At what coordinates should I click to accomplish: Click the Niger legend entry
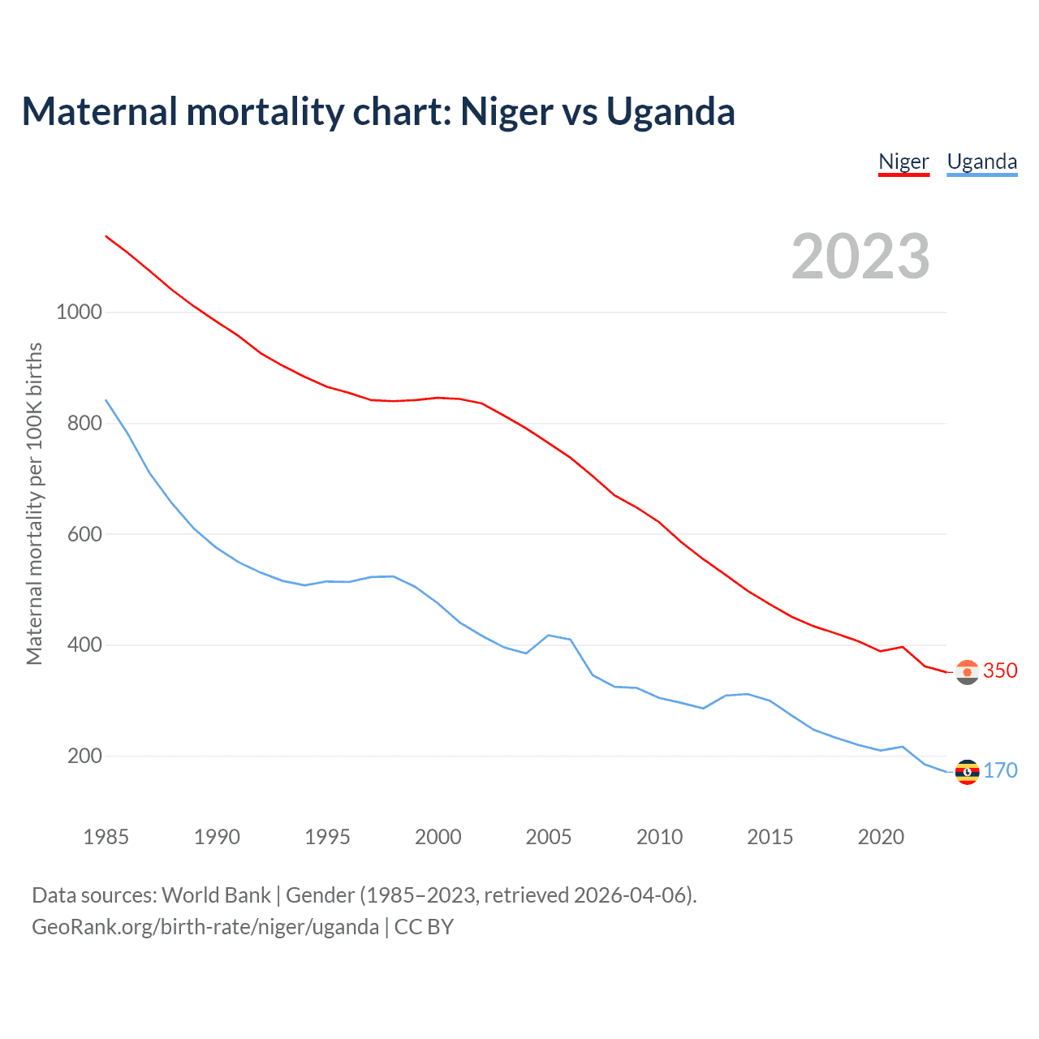[903, 162]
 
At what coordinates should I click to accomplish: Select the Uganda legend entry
[982, 162]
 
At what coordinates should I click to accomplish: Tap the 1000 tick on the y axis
[79, 312]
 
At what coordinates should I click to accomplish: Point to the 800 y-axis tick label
[84, 423]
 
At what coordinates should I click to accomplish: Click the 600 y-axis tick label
[84, 534]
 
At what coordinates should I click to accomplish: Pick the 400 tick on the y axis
[84, 645]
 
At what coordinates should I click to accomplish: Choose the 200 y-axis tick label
[84, 757]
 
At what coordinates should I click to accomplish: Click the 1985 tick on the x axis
[106, 837]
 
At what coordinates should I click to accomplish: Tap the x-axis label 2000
[438, 837]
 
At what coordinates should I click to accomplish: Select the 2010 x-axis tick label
[659, 837]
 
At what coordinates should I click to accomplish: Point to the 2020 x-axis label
[881, 837]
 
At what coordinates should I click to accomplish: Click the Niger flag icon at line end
[967, 672]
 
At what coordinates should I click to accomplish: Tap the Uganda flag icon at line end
[967, 772]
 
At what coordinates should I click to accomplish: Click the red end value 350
[1000, 671]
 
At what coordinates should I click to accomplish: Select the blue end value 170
[1000, 771]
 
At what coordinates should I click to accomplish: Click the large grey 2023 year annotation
[860, 257]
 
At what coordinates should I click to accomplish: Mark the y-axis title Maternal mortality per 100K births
[34, 503]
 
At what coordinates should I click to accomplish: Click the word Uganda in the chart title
[670, 112]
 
